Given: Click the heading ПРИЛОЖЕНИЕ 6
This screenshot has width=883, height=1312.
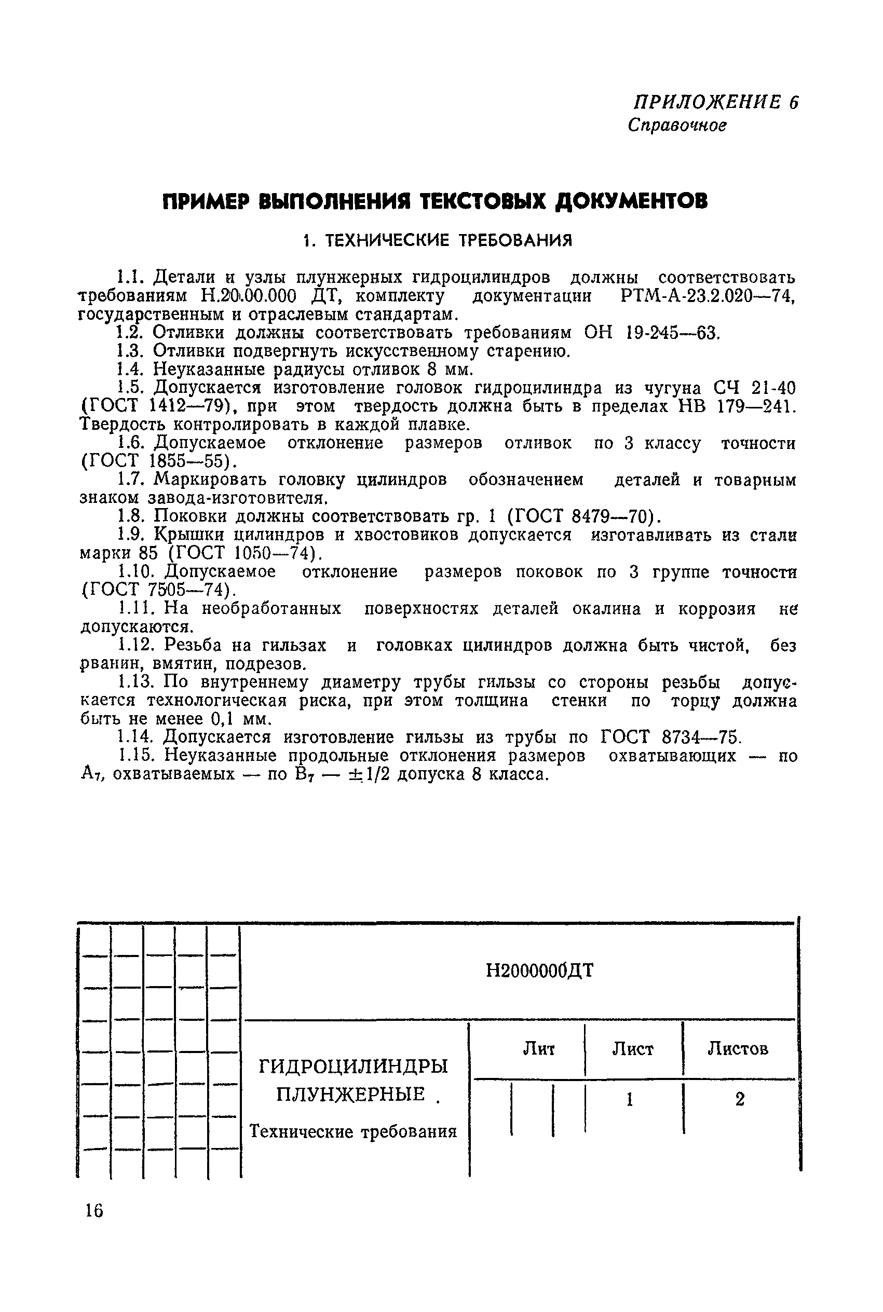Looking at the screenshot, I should pos(716,102).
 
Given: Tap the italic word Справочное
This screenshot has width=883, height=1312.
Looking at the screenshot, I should pos(677,125).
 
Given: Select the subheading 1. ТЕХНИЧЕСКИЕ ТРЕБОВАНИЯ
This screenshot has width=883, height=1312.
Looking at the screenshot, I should pos(437,241).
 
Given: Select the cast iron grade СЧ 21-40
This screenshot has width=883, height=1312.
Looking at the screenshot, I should pos(755,388).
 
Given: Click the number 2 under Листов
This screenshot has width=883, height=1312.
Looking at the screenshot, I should pos(740,1099).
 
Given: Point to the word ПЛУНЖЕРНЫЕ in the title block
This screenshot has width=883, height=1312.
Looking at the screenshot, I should pos(350,1095).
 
